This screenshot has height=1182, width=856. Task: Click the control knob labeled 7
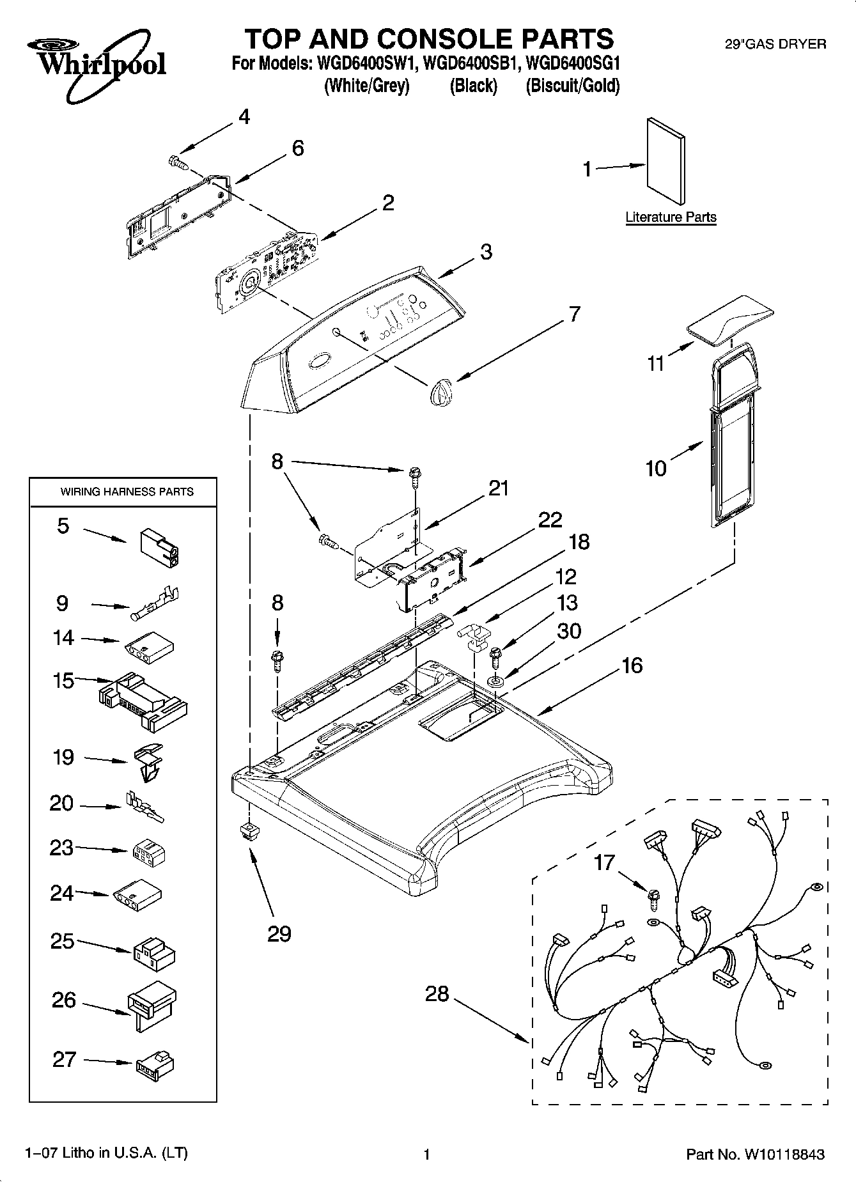click(x=440, y=390)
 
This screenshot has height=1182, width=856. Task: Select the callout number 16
click(x=632, y=665)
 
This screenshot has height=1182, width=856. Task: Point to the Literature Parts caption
click(x=671, y=217)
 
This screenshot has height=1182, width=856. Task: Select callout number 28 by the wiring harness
click(x=437, y=994)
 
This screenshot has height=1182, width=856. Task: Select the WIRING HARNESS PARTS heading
click(x=127, y=492)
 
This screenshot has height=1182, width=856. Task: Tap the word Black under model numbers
click(x=473, y=86)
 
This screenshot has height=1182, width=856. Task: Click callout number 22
click(x=550, y=519)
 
